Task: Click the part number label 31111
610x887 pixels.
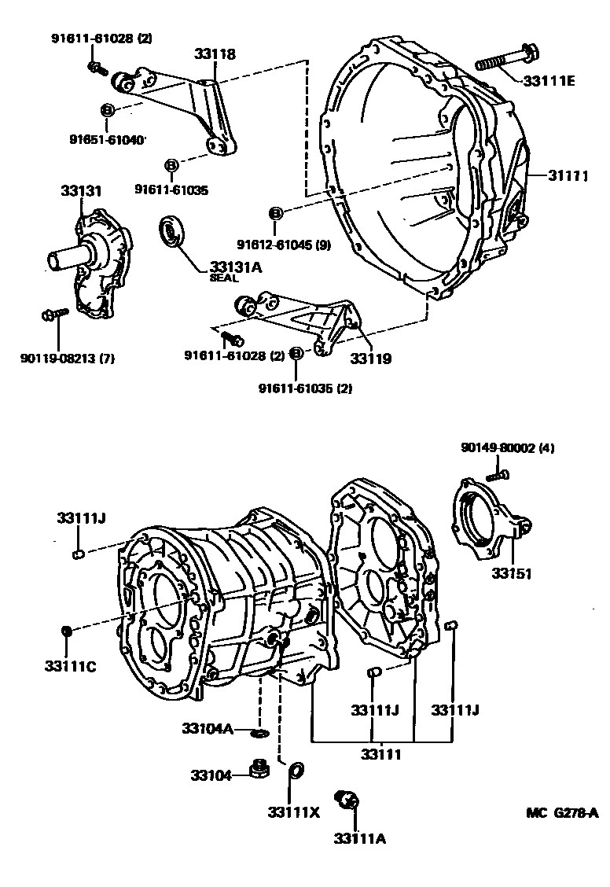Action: (x=568, y=176)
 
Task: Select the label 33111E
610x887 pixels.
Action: (x=549, y=81)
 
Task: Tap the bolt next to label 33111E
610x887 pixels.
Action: (x=507, y=58)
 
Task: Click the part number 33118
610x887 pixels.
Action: (x=215, y=53)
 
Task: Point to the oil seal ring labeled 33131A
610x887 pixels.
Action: (x=171, y=231)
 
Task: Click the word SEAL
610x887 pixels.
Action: (x=224, y=278)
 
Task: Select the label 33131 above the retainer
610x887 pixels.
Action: (x=81, y=190)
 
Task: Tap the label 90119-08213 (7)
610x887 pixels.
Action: (x=68, y=358)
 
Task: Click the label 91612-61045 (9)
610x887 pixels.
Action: (x=284, y=245)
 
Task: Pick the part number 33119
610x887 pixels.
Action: (x=371, y=358)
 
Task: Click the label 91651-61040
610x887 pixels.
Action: (x=108, y=139)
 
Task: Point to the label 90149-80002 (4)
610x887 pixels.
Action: (x=508, y=448)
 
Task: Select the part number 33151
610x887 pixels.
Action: (x=512, y=573)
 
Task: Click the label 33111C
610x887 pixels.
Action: (x=71, y=666)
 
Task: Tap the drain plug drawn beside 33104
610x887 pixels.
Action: (x=259, y=769)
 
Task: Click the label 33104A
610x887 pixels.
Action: (x=208, y=728)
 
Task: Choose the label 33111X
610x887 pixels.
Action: (x=294, y=812)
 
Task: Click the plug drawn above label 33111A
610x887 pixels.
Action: (x=347, y=799)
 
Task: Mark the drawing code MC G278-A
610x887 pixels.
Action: (x=563, y=813)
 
